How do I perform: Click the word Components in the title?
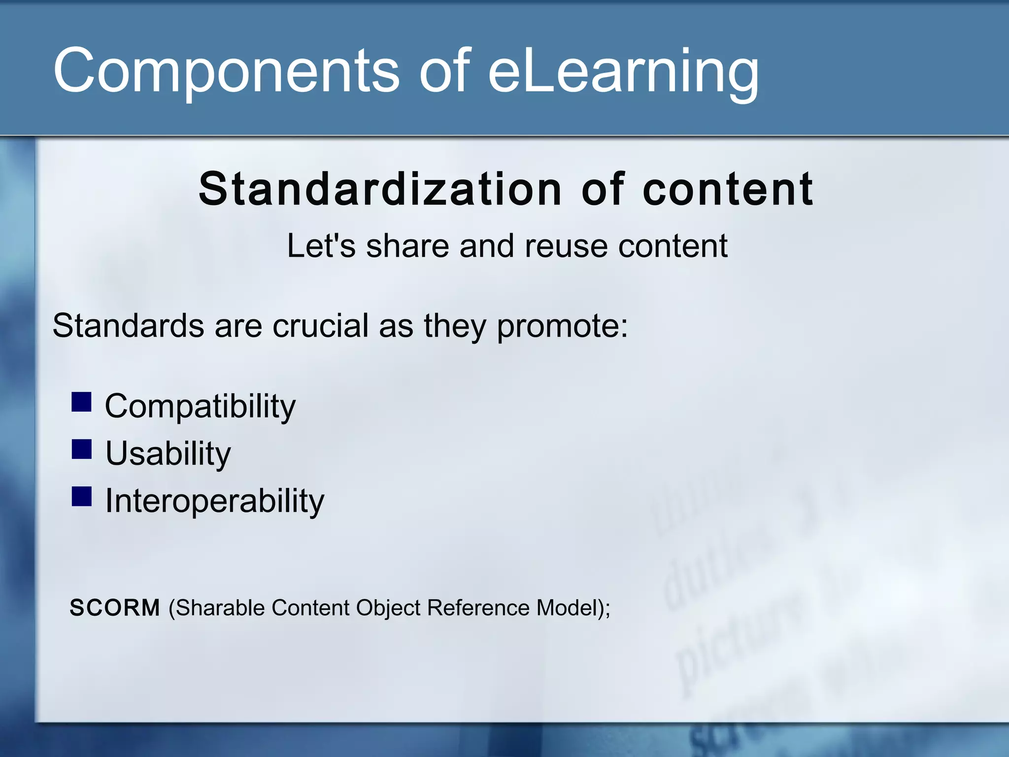point(226,70)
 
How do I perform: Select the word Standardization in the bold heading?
point(380,189)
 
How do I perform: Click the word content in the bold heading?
point(728,189)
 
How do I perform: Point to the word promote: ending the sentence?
point(562,326)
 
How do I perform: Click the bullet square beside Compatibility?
point(81,402)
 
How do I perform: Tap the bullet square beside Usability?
point(81,449)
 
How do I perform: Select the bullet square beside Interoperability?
point(81,496)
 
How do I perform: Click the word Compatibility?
point(200,406)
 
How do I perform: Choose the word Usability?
point(168,453)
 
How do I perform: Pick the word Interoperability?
point(215,501)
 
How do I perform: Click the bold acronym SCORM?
point(114,607)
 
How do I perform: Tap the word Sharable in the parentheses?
point(220,607)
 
